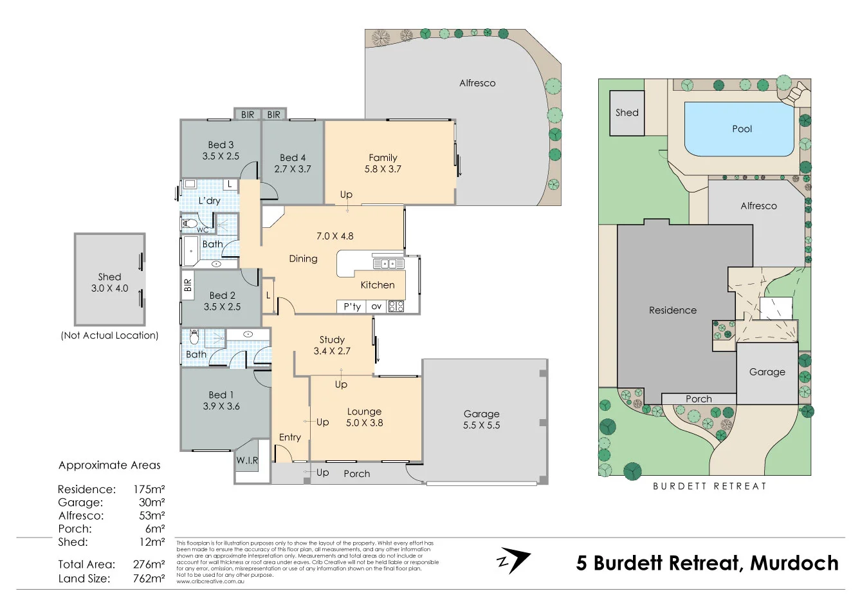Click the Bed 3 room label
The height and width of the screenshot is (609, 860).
[x=221, y=145]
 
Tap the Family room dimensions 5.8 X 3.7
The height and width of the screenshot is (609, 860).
[x=383, y=169]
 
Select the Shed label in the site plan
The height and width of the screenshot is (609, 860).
[x=627, y=113]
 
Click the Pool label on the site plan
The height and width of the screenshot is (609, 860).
[x=742, y=129]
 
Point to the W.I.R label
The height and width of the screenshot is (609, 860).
[x=247, y=461]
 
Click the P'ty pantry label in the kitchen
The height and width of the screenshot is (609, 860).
[x=352, y=306]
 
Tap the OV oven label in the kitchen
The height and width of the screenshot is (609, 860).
[x=376, y=306]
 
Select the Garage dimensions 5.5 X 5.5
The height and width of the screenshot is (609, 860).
[x=481, y=426]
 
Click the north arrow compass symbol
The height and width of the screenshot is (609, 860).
[x=513, y=560]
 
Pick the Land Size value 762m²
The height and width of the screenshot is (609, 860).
[x=149, y=578]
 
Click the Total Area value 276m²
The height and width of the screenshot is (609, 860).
[x=149, y=564]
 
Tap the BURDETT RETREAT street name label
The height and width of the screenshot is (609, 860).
[x=709, y=486]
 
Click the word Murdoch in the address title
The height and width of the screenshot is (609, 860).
[x=794, y=563]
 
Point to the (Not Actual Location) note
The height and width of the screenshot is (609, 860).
[x=109, y=335]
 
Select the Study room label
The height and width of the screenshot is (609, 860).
[x=332, y=339]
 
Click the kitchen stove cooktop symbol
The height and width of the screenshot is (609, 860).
[x=396, y=306]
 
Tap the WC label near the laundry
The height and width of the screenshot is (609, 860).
[x=202, y=230]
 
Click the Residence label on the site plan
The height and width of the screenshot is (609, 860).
[x=672, y=310]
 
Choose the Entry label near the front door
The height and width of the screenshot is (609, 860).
[x=289, y=437]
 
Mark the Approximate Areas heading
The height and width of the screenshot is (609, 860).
[x=109, y=465]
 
